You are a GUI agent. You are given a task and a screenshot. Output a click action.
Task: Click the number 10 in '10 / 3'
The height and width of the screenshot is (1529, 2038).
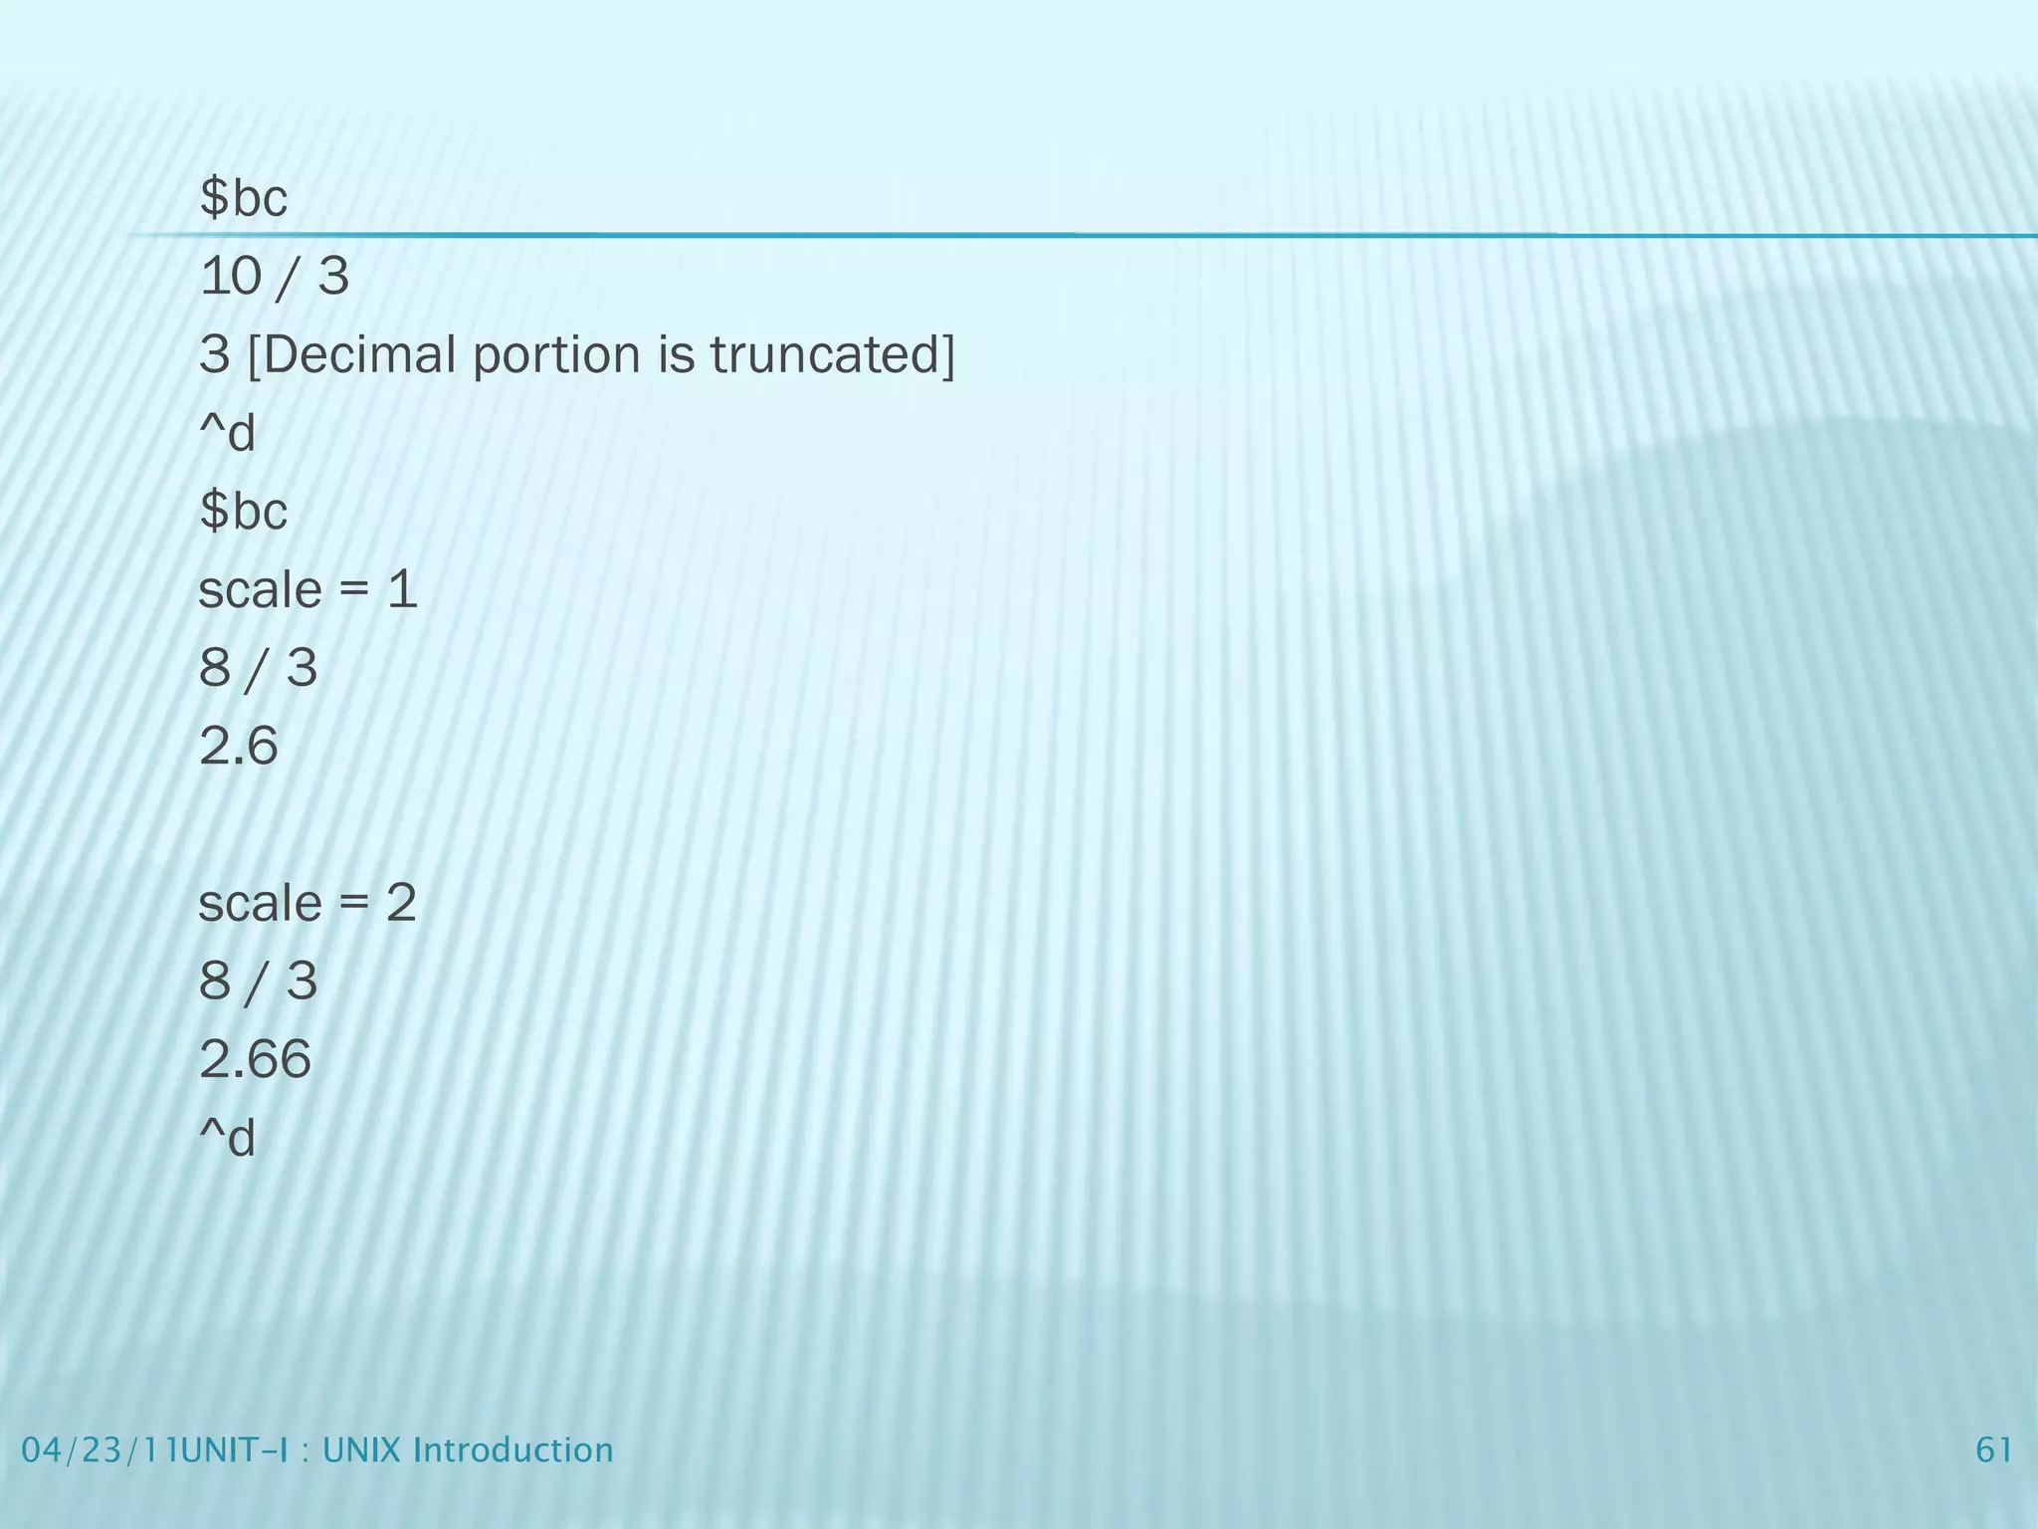coord(230,277)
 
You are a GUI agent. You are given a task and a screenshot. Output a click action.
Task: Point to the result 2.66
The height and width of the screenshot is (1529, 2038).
coord(255,1059)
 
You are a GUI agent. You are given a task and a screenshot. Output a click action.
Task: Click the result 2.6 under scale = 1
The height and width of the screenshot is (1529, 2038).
coord(239,746)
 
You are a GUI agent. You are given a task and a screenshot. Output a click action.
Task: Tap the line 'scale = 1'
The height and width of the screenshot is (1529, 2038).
coord(307,590)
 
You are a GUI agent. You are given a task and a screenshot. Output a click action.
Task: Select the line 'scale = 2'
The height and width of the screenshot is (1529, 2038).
coord(307,904)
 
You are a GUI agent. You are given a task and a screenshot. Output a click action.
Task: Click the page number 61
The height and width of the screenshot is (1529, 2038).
coord(1994,1449)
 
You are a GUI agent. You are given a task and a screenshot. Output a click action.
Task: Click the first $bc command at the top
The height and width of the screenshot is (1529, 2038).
coord(244,198)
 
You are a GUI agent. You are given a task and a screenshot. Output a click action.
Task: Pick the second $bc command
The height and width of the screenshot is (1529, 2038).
coord(244,512)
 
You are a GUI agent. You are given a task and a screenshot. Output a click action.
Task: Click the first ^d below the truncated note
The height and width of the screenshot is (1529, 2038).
coord(228,434)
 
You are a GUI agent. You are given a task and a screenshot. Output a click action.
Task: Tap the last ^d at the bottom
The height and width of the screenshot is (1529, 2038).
coord(228,1138)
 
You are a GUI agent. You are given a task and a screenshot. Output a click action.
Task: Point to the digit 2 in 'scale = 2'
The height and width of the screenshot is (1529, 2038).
coord(401,904)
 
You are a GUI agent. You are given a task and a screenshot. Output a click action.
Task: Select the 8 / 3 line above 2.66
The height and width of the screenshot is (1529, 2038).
coord(258,982)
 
